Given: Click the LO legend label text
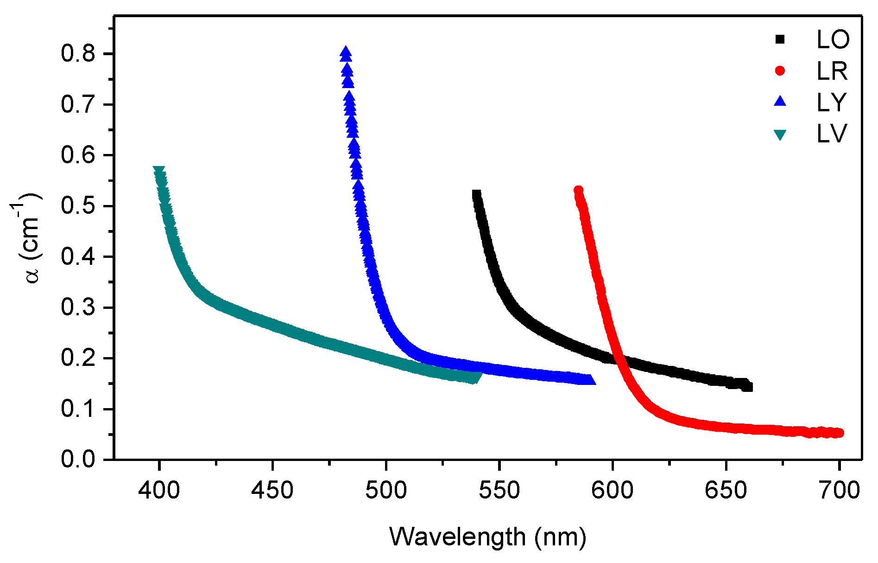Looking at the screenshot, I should (833, 40).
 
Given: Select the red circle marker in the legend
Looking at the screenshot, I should (780, 71).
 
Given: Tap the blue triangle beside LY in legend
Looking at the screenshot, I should (780, 102).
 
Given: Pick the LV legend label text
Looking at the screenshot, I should (832, 134).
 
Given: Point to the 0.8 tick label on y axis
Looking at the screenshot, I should (77, 54).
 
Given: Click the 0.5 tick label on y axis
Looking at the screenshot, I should (77, 206).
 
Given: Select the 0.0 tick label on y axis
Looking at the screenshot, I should (77, 459).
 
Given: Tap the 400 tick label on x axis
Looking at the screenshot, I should (159, 490).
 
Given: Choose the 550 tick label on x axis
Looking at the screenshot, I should (499, 490).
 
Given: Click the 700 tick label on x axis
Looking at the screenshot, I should (839, 490).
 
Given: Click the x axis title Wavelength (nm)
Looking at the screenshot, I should (487, 537).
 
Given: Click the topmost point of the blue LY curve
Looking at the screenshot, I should (345, 51).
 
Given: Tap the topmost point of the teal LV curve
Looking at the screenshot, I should (159, 170).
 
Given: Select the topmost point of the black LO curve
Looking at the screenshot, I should (476, 193).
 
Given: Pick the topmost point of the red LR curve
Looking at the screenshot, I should (578, 190).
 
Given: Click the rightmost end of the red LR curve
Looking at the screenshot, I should (840, 433).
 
